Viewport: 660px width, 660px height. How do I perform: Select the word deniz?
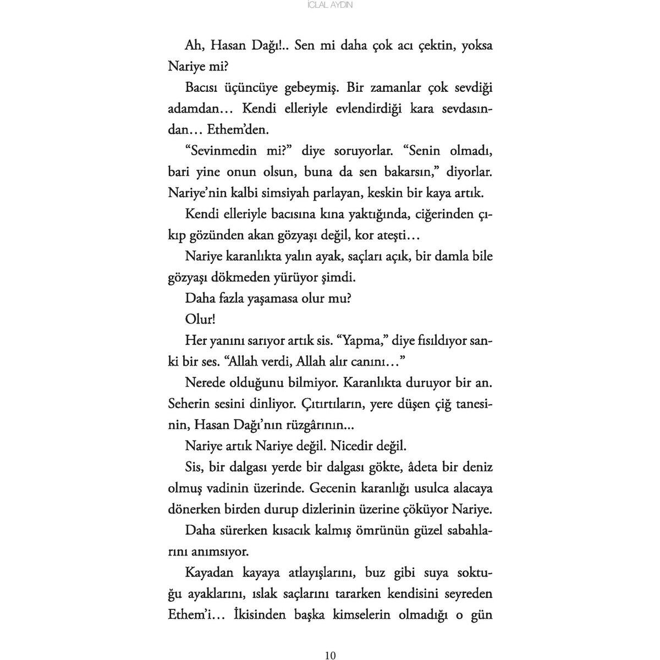(476, 468)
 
